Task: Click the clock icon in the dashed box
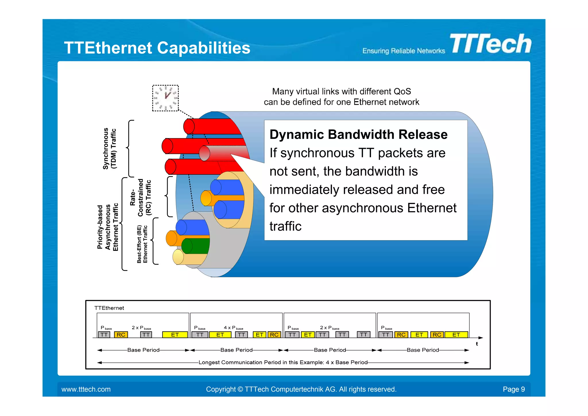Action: coord(165,98)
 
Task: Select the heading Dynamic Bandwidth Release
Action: coord(358,134)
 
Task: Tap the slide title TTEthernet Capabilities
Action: coord(157,48)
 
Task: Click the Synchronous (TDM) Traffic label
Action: coord(110,149)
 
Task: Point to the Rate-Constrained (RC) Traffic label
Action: coord(140,197)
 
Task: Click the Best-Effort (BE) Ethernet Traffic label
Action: coord(142,244)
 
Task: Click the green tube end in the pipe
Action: coord(187,246)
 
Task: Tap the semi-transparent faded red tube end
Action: coord(204,153)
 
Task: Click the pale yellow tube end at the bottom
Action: coord(178,257)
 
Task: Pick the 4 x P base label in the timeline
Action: coord(233,328)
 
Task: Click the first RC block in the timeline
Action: coord(121,335)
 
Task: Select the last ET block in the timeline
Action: coord(456,335)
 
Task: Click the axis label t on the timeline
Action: coord(477,344)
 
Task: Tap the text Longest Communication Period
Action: coord(244,362)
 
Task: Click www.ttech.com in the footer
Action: coord(86,389)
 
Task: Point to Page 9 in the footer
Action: coord(514,389)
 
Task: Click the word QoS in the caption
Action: coord(402,91)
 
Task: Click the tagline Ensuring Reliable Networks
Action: coord(403,51)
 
